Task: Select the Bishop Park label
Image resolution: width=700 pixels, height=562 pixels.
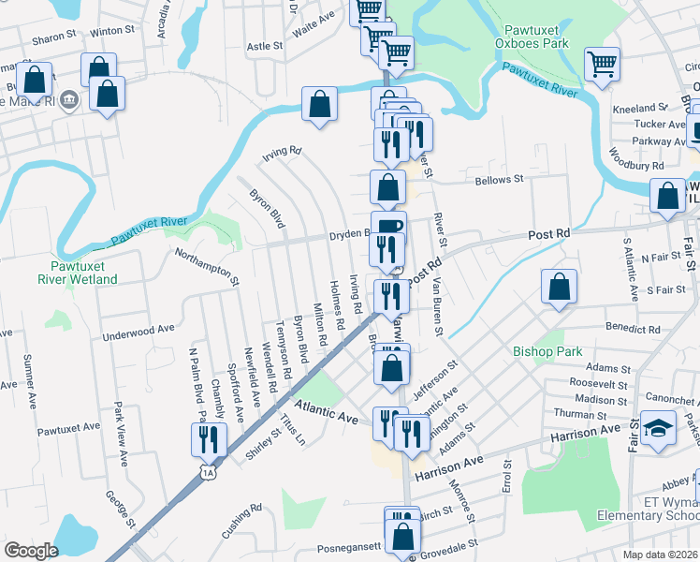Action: pyautogui.click(x=547, y=351)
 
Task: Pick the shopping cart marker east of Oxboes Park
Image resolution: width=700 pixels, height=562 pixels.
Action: pyautogui.click(x=602, y=65)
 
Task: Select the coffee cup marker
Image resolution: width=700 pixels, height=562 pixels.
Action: pyautogui.click(x=388, y=226)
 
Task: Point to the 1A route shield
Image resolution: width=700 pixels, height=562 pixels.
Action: pyautogui.click(x=207, y=475)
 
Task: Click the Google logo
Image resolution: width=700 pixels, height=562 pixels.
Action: pyautogui.click(x=31, y=551)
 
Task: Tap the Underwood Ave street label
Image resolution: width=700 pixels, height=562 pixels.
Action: pyautogui.click(x=139, y=330)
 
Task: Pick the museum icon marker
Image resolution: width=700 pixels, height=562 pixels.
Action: pyautogui.click(x=68, y=100)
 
